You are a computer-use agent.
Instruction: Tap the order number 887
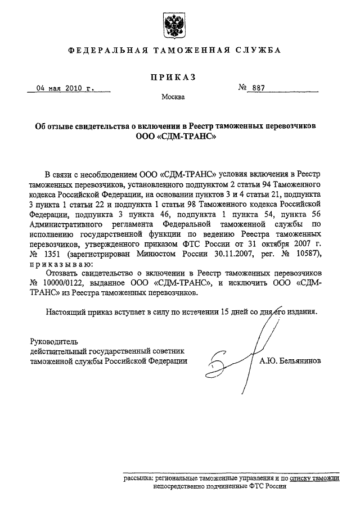[x=259, y=88]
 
